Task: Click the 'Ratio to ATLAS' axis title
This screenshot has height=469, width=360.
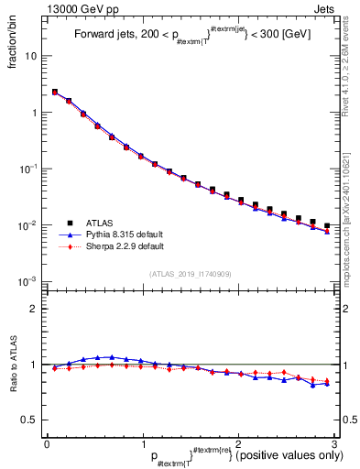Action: [x=14, y=365]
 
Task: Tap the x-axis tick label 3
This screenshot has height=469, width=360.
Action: [x=333, y=443]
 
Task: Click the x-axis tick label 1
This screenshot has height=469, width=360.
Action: [x=143, y=443]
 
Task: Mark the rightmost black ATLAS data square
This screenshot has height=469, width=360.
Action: [x=327, y=225]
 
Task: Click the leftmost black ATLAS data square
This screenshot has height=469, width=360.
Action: [x=55, y=92]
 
